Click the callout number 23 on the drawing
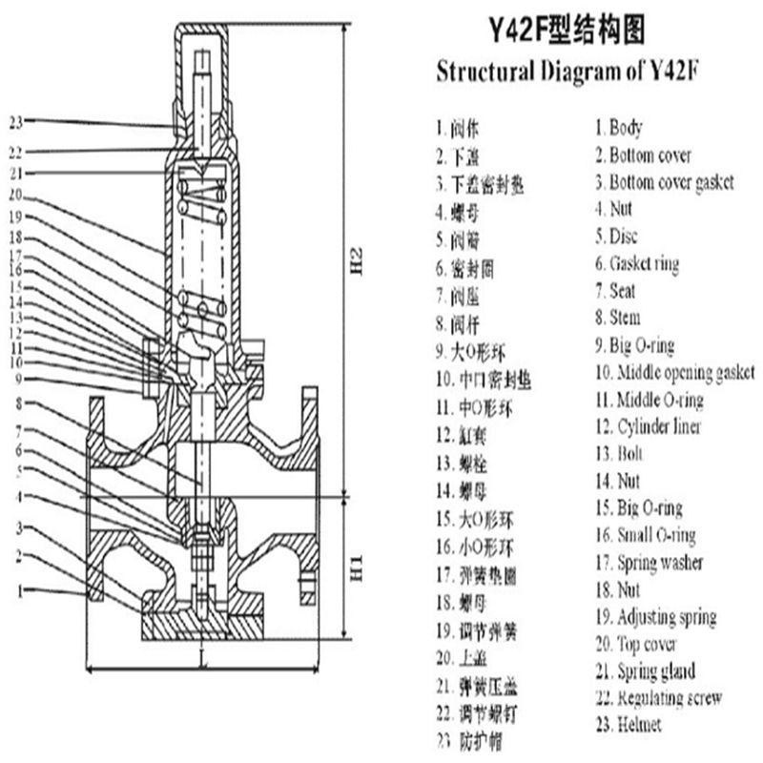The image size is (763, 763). [x=13, y=121]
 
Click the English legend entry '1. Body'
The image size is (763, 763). [x=619, y=127]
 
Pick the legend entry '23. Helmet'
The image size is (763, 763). [x=628, y=725]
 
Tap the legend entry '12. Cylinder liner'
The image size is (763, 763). [x=648, y=426]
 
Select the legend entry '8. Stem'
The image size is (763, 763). [x=617, y=318]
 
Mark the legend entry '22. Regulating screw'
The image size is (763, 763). [x=658, y=698]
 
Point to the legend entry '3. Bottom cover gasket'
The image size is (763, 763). [x=665, y=181]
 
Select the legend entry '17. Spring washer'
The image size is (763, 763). [x=649, y=563]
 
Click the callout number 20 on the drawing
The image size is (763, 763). [x=13, y=196]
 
